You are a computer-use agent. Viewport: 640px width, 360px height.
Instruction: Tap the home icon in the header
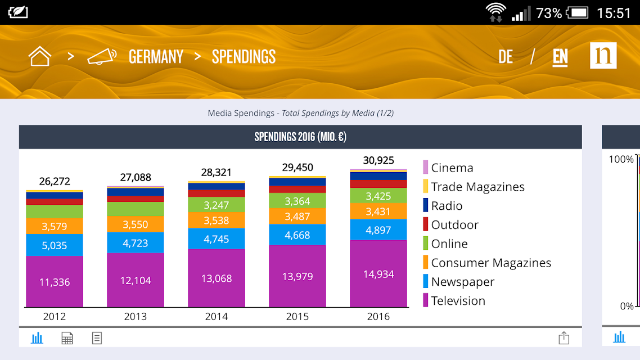39,56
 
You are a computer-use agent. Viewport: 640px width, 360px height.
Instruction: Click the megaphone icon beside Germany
102,56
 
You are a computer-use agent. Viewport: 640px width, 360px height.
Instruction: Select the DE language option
505,57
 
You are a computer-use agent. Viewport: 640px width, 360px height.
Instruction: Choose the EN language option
560,57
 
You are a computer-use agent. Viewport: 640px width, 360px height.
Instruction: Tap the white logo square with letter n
603,56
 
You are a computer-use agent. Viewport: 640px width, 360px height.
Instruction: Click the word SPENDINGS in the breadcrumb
244,57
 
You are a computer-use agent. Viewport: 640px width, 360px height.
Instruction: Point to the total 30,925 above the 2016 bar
378,160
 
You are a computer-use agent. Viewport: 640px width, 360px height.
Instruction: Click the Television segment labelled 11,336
55,282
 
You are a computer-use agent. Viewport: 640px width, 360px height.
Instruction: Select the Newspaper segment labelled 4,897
378,230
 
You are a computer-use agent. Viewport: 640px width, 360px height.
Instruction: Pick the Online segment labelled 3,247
217,205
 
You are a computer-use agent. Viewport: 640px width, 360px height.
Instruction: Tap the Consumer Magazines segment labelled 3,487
297,217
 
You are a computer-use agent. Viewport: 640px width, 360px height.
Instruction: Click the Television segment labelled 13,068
217,278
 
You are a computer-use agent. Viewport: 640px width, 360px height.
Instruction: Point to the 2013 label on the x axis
135,316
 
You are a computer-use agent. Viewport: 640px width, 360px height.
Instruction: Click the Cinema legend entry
448,168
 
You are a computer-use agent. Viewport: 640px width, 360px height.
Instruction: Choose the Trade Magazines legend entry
474,187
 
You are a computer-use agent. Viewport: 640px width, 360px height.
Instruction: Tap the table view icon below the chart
67,338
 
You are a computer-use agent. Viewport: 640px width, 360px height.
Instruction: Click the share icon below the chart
564,337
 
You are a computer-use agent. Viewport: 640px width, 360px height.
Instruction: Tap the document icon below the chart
97,338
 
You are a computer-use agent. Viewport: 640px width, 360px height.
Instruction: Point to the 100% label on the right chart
621,159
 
